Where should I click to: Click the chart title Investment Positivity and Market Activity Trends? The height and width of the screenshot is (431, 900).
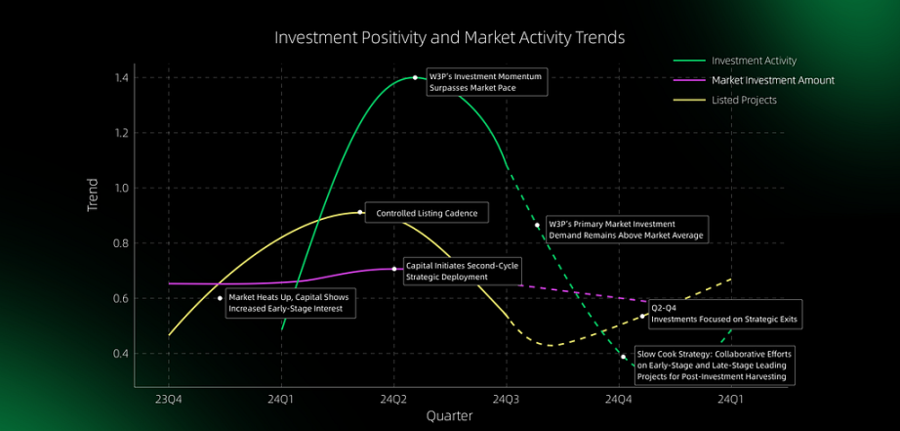pos(449,38)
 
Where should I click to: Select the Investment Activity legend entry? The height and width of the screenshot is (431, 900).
pos(736,61)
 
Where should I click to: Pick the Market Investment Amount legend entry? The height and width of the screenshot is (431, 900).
pos(754,80)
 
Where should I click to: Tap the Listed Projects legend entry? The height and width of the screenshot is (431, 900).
pos(725,100)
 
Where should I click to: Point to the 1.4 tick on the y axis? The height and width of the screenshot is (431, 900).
pos(122,77)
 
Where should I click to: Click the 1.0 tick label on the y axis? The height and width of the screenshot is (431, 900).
pos(122,188)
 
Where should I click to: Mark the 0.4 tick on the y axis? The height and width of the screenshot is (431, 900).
pos(122,354)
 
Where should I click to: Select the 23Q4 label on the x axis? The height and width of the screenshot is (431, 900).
pos(168,398)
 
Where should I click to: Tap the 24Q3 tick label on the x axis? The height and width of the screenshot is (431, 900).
pos(507,398)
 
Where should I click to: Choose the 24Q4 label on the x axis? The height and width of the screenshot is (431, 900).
pos(619,398)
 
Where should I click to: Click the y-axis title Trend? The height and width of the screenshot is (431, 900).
pos(93,195)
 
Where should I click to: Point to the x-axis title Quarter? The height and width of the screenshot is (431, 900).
pos(449,415)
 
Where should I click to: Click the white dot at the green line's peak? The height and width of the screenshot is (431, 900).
pos(415,77)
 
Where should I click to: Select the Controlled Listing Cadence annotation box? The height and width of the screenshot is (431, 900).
pos(427,213)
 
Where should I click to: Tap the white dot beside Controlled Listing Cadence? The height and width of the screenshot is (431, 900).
pos(360,212)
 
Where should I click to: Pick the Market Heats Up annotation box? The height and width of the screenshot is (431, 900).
pos(291,303)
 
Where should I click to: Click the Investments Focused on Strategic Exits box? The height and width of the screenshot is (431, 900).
pos(725,315)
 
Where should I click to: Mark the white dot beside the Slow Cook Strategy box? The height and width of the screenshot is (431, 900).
pos(624,357)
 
